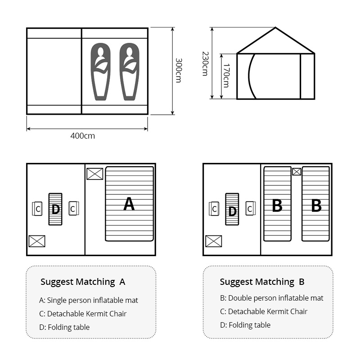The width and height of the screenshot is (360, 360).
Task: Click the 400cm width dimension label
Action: [x=83, y=136]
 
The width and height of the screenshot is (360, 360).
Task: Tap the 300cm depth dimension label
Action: [x=178, y=70]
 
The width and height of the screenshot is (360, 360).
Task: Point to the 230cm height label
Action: [x=205, y=63]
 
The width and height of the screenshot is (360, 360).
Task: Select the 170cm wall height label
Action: [x=226, y=75]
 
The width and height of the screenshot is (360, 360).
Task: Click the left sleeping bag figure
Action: [x=100, y=71]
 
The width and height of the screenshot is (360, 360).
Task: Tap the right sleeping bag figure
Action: [x=129, y=71]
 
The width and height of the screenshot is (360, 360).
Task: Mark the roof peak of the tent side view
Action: [x=275, y=28]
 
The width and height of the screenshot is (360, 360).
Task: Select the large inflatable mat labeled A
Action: [x=129, y=204]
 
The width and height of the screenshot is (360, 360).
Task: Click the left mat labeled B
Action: [x=277, y=204]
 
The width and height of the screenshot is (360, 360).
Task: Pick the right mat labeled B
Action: [x=316, y=204]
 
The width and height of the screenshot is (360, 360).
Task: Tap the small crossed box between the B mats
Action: [x=297, y=171]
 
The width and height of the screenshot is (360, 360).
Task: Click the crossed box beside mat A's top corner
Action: [x=94, y=174]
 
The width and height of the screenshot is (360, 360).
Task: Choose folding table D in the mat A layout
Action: [x=55, y=209]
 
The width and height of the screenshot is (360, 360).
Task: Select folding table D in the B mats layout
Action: [x=232, y=209]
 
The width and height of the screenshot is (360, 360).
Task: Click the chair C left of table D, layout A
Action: [x=37, y=209]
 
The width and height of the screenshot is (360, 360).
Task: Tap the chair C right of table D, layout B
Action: [x=251, y=208]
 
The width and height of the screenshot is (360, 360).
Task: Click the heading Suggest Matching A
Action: [x=83, y=282]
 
